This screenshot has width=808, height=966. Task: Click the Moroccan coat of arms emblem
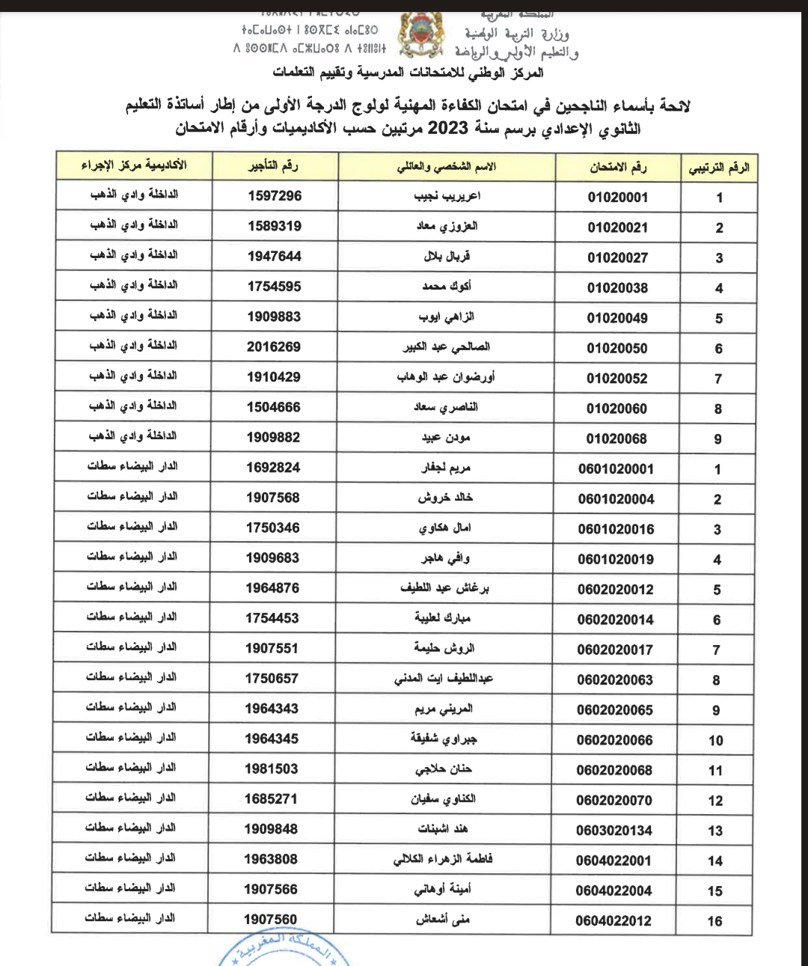422,36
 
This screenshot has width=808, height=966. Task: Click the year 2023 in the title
447,128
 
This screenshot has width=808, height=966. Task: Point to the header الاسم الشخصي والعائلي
447,167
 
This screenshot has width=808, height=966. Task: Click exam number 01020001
618,198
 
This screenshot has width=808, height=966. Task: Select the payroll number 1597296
275,196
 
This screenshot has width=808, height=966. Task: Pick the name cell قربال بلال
447,257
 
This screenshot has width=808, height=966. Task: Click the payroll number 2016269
274,347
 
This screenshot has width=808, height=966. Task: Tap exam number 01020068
616,439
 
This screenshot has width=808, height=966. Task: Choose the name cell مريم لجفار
446,468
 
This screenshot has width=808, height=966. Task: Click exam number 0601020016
616,529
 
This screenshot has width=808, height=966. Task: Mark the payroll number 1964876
272,588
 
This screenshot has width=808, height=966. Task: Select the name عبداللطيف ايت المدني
444,679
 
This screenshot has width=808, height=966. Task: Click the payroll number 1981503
272,768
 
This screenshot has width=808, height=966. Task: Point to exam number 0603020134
614,831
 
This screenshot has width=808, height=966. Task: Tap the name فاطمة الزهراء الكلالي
443,859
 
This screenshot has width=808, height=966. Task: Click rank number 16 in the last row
714,921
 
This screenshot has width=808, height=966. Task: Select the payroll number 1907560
271,920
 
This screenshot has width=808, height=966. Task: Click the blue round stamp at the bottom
284,950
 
